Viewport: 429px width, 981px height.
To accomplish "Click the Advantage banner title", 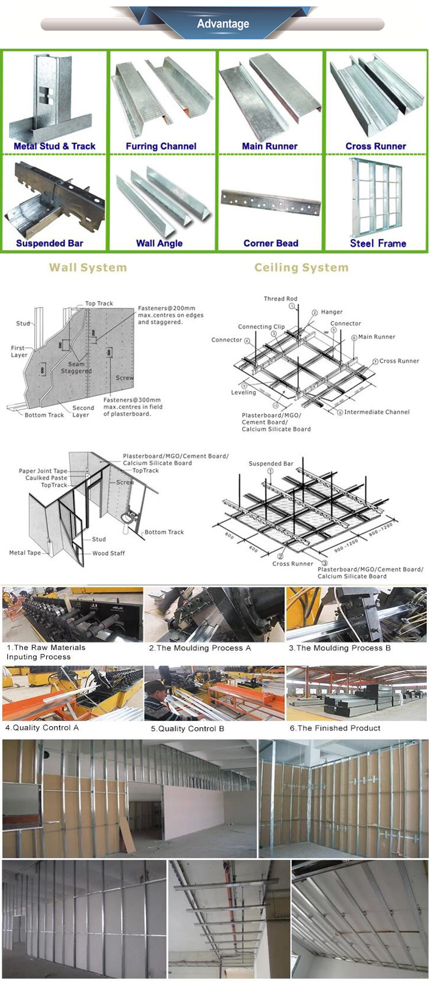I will pyautogui.click(x=223, y=23).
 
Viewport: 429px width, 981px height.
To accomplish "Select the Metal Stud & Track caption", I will pyautogui.click(x=54, y=146).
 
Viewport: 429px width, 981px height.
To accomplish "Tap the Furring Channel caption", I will pyautogui.click(x=161, y=146).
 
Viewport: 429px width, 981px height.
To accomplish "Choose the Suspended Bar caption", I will pyautogui.click(x=49, y=243).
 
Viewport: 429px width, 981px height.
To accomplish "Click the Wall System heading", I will pyautogui.click(x=88, y=267).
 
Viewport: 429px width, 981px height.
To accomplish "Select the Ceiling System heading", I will pyautogui.click(x=301, y=267).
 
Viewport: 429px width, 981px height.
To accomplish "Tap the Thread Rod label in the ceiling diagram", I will pyautogui.click(x=280, y=298).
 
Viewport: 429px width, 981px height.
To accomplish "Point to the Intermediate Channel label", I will pyautogui.click(x=376, y=412).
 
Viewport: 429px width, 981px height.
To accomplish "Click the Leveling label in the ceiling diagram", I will pyautogui.click(x=243, y=392).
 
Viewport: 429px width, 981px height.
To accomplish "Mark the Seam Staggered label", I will pyautogui.click(x=76, y=368).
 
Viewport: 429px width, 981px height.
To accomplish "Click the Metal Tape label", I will pyautogui.click(x=25, y=553).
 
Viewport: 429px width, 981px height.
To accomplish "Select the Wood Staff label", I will pyautogui.click(x=108, y=553).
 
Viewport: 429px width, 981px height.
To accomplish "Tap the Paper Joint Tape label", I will pyautogui.click(x=43, y=471).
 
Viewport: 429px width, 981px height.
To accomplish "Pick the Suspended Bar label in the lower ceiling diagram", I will pyautogui.click(x=271, y=463).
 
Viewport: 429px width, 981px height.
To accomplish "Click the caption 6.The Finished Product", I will pyautogui.click(x=335, y=728).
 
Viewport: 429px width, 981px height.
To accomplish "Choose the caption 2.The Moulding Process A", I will pyautogui.click(x=200, y=648).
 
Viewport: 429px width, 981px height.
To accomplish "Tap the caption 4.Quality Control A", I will pyautogui.click(x=42, y=727).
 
